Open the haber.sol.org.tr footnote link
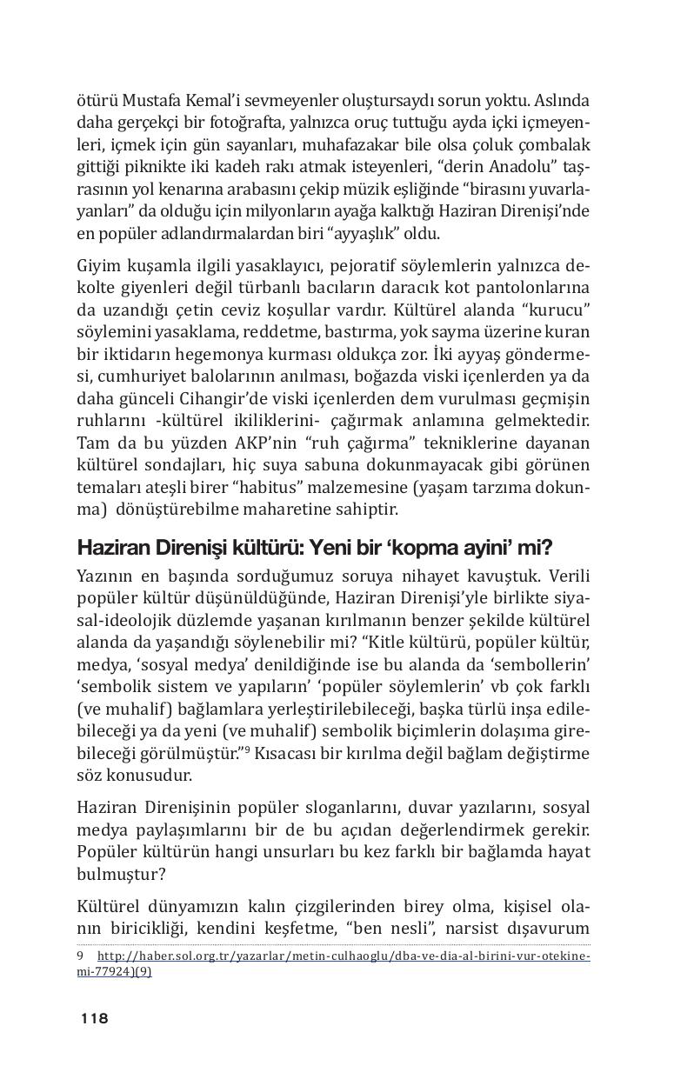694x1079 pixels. click(x=339, y=956)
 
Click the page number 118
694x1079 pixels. click(x=94, y=1019)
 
